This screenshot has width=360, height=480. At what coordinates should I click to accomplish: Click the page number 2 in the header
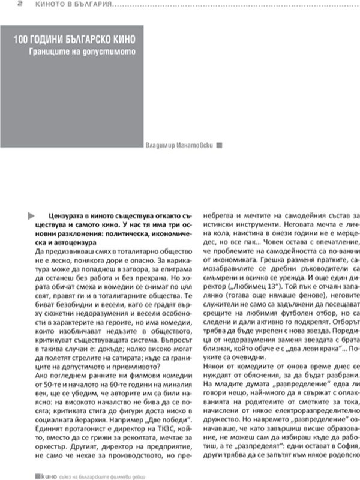[4, 4]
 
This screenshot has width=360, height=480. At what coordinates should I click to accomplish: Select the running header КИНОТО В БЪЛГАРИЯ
[67, 4]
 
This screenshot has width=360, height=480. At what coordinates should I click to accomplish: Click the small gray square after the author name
[219, 145]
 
